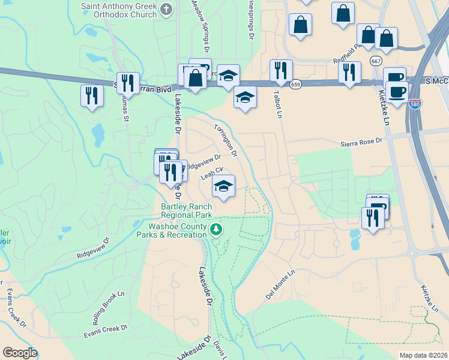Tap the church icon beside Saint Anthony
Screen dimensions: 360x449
(167, 9)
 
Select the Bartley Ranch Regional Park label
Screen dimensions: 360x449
(187, 210)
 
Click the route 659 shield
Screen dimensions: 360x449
(296, 85)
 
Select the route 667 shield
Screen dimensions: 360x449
(376, 61)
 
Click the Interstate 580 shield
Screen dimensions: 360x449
(415, 104)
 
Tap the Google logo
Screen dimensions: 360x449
(20, 353)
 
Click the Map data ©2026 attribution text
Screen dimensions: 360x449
(424, 355)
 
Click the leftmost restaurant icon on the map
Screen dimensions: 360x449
(91, 95)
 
